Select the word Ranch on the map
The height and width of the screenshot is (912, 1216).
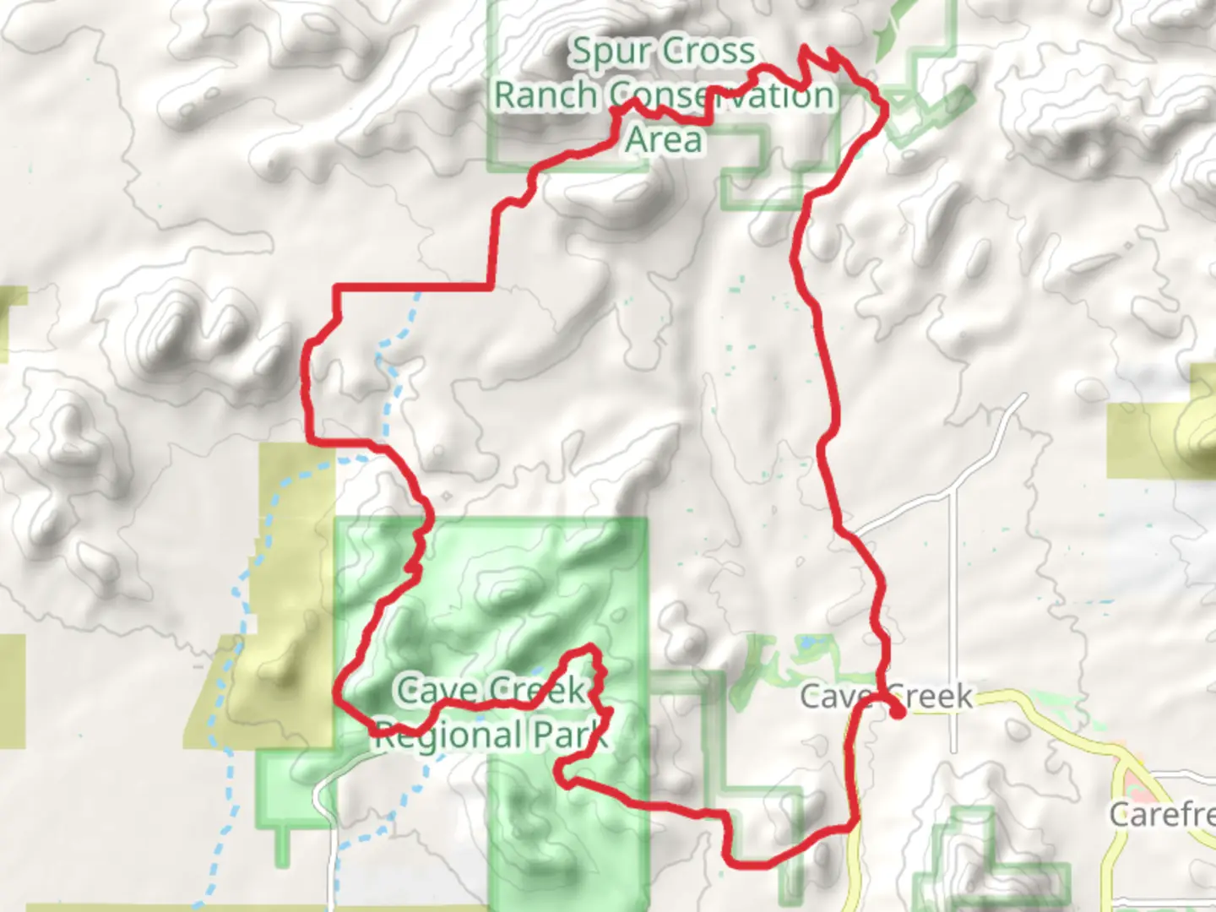[x=545, y=95]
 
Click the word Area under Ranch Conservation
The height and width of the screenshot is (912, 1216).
[x=664, y=139]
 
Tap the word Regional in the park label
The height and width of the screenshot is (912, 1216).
[x=448, y=736]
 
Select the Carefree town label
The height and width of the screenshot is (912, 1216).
[x=1163, y=814]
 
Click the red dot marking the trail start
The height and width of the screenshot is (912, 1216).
[x=898, y=712]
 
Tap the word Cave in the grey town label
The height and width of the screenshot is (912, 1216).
[x=833, y=698]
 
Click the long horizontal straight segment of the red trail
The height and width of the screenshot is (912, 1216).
[x=414, y=288]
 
